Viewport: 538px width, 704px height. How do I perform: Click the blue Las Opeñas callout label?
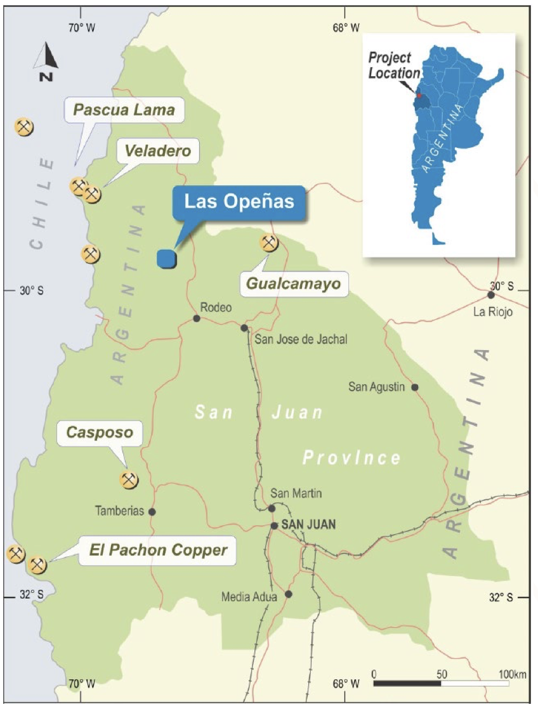pos(239,202)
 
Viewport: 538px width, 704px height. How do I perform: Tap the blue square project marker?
pos(166,257)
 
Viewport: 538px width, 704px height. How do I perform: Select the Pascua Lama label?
pos(124,110)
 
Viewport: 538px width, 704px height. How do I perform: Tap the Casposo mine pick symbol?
pos(129,479)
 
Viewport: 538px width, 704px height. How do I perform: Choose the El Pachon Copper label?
pos(157,550)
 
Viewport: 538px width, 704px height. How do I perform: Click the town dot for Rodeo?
pos(197,318)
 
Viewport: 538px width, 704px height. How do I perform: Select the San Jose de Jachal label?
pos(301,339)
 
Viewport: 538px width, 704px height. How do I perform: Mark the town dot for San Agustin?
pos(415,387)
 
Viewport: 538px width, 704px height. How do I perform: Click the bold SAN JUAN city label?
pos(308,525)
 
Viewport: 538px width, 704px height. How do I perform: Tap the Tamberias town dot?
pos(152,511)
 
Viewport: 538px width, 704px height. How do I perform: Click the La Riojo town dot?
pos(491,295)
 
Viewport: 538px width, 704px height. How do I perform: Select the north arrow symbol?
pos(46,60)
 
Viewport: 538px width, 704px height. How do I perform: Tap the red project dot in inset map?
pos(419,95)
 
